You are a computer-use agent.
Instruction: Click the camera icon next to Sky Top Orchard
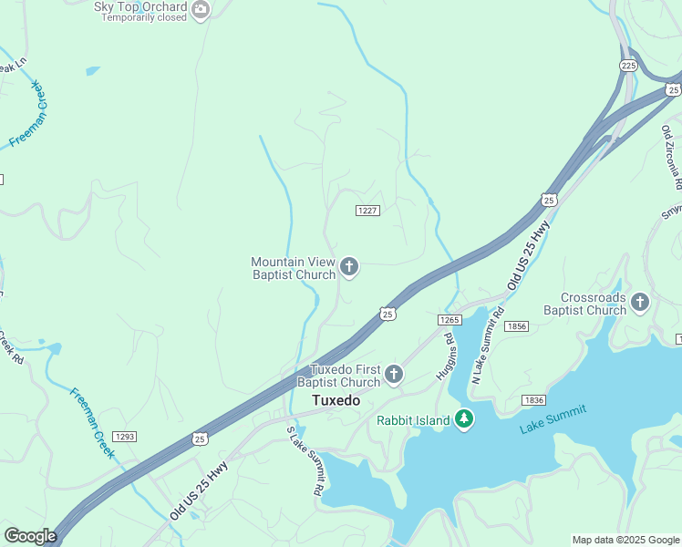[x=201, y=9]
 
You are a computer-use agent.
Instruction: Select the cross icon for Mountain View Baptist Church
[x=349, y=267]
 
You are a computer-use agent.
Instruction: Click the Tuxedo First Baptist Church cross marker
[x=394, y=374]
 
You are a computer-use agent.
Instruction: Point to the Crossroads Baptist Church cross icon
[x=641, y=302]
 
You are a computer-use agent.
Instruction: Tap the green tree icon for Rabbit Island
[x=465, y=419]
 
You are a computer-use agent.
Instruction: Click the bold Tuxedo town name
[x=336, y=400]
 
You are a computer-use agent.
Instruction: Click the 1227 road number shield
[x=367, y=211]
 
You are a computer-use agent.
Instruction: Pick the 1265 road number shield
[x=449, y=319]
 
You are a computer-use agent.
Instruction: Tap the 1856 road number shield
[x=517, y=326]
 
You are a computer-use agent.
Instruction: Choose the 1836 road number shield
[x=534, y=400]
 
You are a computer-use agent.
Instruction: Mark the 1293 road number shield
[x=125, y=437]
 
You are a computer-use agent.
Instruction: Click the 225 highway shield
[x=628, y=66]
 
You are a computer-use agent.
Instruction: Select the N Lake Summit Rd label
[x=486, y=346]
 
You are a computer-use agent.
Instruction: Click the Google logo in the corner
[x=30, y=536]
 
